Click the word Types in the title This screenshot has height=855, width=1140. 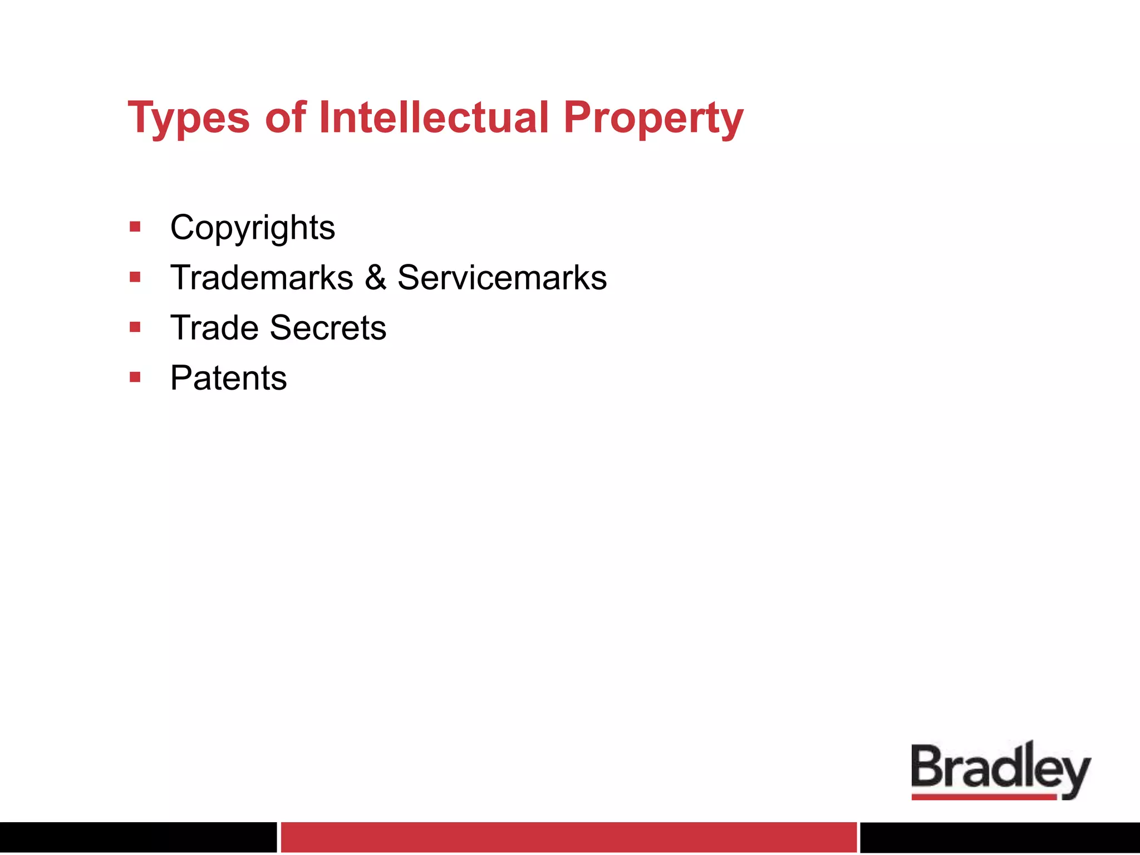[189, 118]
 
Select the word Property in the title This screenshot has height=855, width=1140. [653, 118]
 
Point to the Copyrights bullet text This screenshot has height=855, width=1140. [253, 228]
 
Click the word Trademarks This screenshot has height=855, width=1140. [262, 277]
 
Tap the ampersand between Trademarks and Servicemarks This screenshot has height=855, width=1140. [376, 277]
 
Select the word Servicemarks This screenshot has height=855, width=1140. [502, 277]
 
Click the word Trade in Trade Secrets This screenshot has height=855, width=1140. [214, 327]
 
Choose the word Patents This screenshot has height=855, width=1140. [228, 378]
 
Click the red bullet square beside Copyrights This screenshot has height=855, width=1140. [135, 227]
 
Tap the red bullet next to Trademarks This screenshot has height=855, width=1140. [135, 277]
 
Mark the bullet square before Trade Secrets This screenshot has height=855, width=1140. [135, 327]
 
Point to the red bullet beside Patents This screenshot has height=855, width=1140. [135, 377]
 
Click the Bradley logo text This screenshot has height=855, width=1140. [1000, 768]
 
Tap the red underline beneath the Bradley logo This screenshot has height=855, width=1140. [984, 797]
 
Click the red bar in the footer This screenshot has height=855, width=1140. [568, 837]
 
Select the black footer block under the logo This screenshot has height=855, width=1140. [1000, 837]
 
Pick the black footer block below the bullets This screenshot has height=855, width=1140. [138, 837]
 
